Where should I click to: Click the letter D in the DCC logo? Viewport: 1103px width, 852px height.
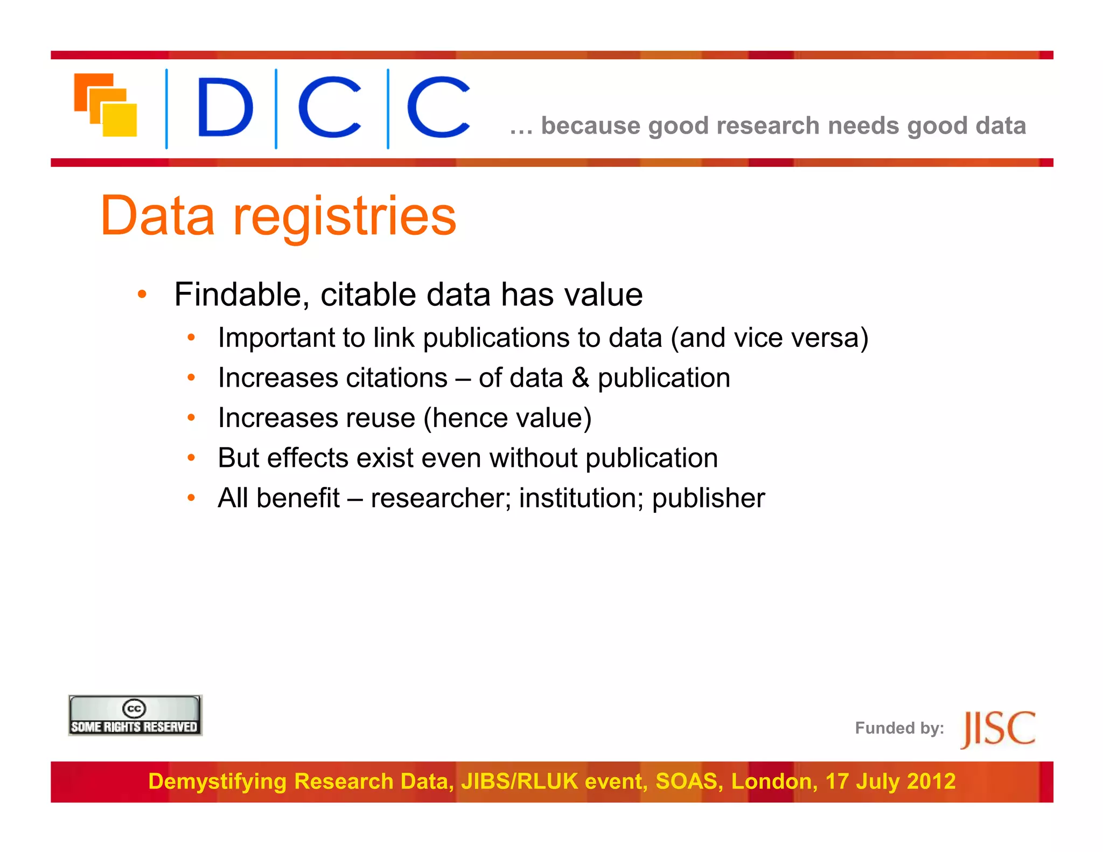pyautogui.click(x=225, y=107)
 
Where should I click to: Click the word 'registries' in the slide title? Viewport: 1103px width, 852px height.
pyautogui.click(x=345, y=217)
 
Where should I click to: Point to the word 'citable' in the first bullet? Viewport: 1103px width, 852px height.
pyautogui.click(x=368, y=295)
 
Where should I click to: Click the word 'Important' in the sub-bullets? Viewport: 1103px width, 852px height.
pyautogui.click(x=276, y=338)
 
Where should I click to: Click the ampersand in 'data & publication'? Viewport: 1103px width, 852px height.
pyautogui.click(x=580, y=378)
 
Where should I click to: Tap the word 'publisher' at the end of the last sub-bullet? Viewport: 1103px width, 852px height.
pyautogui.click(x=708, y=498)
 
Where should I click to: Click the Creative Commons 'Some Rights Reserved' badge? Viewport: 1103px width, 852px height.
pyautogui.click(x=135, y=715)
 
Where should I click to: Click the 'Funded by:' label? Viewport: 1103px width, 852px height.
pyautogui.click(x=899, y=728)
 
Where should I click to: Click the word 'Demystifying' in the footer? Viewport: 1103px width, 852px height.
pyautogui.click(x=217, y=781)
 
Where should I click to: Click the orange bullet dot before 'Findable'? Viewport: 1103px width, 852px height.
pyautogui.click(x=142, y=294)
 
